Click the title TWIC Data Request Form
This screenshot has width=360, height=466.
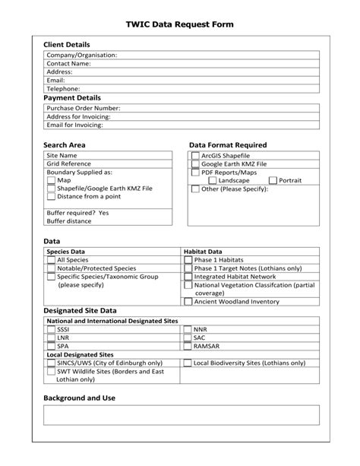179,25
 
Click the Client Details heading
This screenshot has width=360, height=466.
67,45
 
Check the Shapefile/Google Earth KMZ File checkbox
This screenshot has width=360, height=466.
52,189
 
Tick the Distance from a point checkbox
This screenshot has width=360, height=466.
52,197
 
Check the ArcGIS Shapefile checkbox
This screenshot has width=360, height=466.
195,155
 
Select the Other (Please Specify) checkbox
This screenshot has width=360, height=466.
195,189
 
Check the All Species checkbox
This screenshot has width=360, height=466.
52,260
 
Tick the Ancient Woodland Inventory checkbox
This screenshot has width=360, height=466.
188,302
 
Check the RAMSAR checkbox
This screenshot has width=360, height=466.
188,346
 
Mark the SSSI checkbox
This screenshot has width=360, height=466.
52,329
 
